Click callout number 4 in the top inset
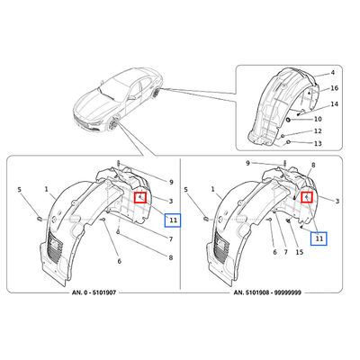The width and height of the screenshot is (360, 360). point(333,73)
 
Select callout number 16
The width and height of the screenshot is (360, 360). point(335,88)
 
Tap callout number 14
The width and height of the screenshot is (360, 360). point(335,104)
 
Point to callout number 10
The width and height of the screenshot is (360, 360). point(318,119)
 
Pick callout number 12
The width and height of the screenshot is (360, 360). point(318,131)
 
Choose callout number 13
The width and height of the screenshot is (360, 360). point(318,144)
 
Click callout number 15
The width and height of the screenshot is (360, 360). point(300,252)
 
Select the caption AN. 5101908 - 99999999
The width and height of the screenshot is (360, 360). point(267,292)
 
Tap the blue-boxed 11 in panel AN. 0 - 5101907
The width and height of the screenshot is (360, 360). point(173,220)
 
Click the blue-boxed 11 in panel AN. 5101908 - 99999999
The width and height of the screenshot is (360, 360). point(319,238)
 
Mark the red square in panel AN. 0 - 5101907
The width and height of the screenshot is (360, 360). point(140,197)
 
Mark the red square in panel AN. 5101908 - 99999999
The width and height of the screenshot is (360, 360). point(307,197)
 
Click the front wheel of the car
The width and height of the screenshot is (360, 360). point(114,124)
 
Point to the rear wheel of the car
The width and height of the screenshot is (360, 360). point(157,92)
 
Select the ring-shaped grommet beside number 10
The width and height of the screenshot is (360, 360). point(289,120)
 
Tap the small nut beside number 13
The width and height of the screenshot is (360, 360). point(289,142)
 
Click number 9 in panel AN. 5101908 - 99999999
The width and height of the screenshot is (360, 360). point(247,164)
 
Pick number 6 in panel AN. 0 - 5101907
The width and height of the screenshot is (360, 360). point(120,261)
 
